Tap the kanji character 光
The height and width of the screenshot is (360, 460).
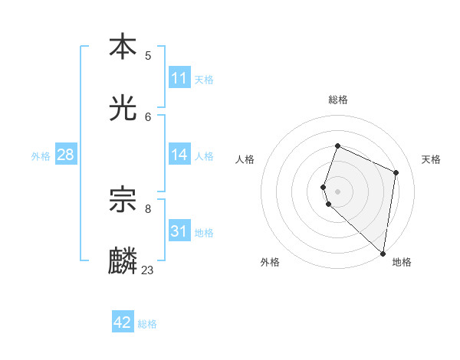pos(123,108)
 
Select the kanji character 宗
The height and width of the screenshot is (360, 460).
pos(123,199)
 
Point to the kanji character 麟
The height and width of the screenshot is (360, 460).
pos(123,261)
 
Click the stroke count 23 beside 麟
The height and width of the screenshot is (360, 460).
pos(147,270)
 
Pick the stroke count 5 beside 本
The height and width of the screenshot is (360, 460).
pos(148,55)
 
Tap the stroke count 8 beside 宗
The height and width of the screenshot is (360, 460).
pos(148,208)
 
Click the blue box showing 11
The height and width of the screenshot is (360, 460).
pos(179,78)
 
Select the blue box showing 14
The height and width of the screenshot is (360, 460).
pos(179,155)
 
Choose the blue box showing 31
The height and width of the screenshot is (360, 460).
pos(179,231)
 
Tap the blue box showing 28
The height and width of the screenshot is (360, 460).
pos(66,155)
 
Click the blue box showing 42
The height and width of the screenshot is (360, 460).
pos(123,322)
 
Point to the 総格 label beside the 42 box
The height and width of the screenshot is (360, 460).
pos(147,324)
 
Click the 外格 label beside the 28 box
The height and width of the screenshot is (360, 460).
pos(41,156)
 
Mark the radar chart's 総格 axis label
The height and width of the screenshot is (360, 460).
pos(338,100)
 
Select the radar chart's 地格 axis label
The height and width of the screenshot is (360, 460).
pos(402,262)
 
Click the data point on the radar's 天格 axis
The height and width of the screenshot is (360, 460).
pos(396,172)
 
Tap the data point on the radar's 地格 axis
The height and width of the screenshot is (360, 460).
pos(383,253)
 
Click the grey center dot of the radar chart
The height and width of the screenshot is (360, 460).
pos(338,191)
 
